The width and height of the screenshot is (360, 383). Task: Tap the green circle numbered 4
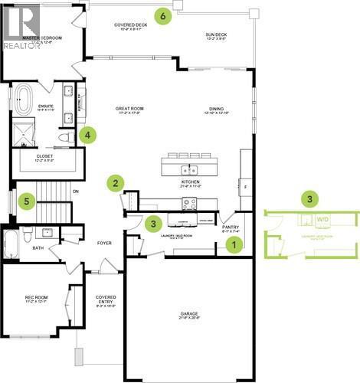coord(89,135)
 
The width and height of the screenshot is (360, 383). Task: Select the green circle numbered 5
coord(27,201)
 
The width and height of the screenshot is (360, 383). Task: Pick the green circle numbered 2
coord(116,182)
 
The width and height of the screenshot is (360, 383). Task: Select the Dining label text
coord(216,110)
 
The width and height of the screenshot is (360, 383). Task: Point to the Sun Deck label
coord(215,35)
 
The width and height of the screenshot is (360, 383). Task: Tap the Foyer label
coord(104,244)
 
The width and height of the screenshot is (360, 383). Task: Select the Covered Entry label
coord(106,300)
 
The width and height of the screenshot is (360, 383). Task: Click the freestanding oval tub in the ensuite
coord(21,100)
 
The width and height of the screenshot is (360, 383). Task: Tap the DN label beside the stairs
coord(75,191)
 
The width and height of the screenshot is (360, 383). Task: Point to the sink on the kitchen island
coord(184,169)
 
